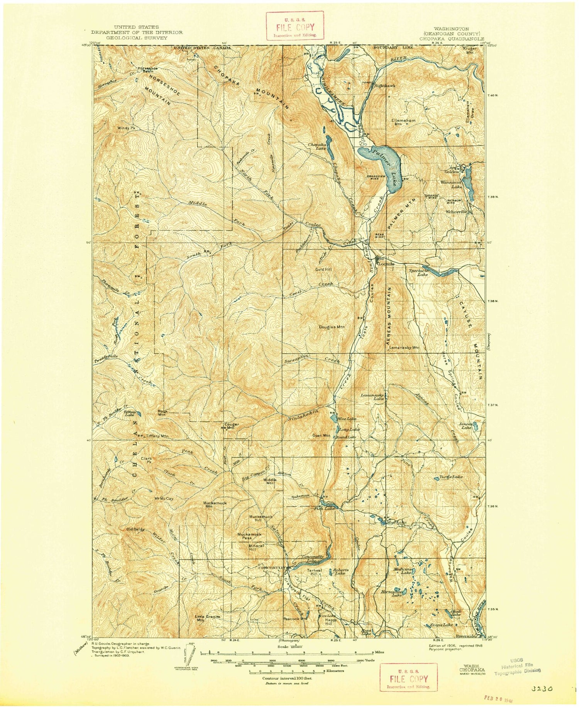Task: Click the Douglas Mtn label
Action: [332, 327]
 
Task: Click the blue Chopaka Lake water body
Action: [330, 147]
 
